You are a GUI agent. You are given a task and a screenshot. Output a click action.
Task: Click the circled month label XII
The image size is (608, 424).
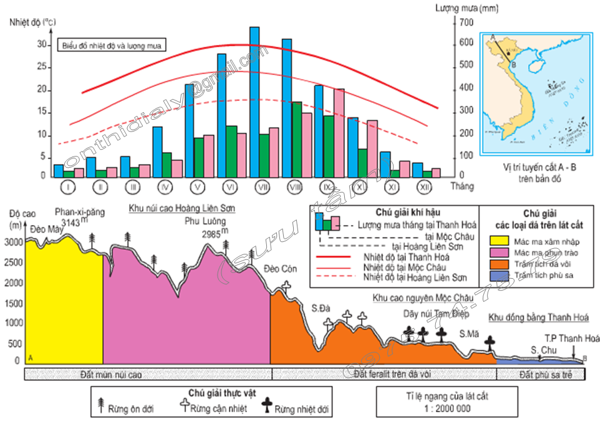423,186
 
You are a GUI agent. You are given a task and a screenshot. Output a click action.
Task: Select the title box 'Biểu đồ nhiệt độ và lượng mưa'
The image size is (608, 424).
112,46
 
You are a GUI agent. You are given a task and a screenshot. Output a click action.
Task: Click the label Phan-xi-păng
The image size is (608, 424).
77,211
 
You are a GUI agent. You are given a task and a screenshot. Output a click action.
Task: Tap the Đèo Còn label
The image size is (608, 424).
280,269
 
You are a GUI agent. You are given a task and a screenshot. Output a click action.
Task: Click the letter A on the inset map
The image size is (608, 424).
493,38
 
